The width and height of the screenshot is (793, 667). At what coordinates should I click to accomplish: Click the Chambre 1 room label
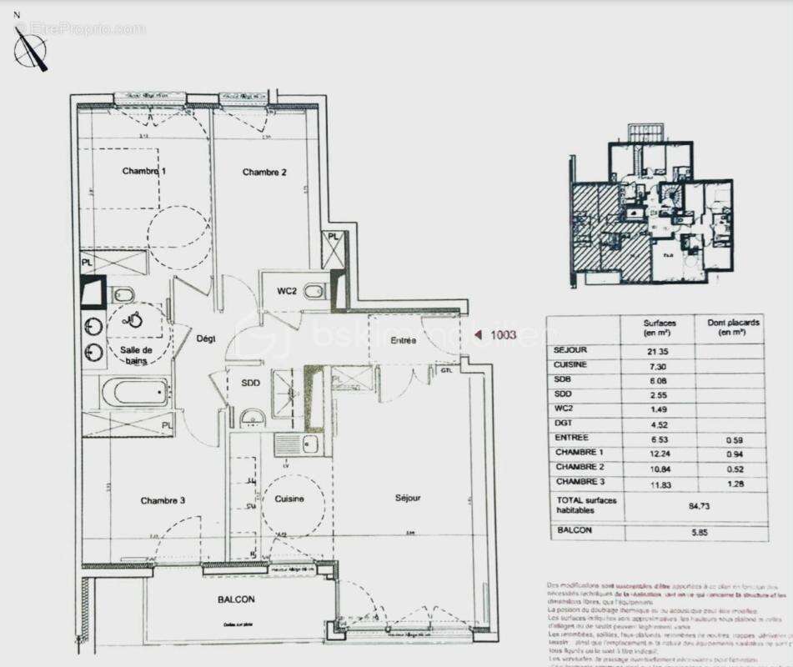(x=144, y=172)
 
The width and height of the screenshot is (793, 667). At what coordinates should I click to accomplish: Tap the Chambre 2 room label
(x=264, y=173)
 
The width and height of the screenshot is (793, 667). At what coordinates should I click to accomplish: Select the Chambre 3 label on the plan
(x=163, y=501)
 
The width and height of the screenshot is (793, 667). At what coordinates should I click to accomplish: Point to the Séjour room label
(x=408, y=499)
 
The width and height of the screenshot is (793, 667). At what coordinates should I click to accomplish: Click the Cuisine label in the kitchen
(x=289, y=499)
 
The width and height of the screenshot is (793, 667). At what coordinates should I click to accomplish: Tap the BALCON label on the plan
(x=236, y=599)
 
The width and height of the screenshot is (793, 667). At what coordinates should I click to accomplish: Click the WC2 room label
(x=287, y=291)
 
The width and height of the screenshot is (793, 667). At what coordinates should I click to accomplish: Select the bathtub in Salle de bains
(x=135, y=391)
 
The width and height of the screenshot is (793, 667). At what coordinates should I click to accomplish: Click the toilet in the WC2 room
(x=314, y=291)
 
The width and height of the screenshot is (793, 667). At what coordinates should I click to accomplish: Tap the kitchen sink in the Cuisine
(x=310, y=444)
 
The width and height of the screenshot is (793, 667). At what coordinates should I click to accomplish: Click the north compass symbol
(x=31, y=48)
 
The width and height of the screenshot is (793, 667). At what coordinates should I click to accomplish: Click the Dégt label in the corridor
(x=205, y=338)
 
